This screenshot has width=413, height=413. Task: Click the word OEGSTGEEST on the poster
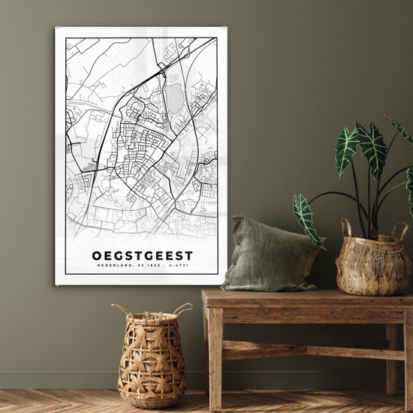point(142,255)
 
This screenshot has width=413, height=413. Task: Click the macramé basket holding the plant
point(372,263)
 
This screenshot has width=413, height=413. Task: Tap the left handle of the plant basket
point(346,227)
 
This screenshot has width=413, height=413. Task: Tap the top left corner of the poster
point(56,29)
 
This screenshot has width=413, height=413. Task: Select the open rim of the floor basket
point(152,315)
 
